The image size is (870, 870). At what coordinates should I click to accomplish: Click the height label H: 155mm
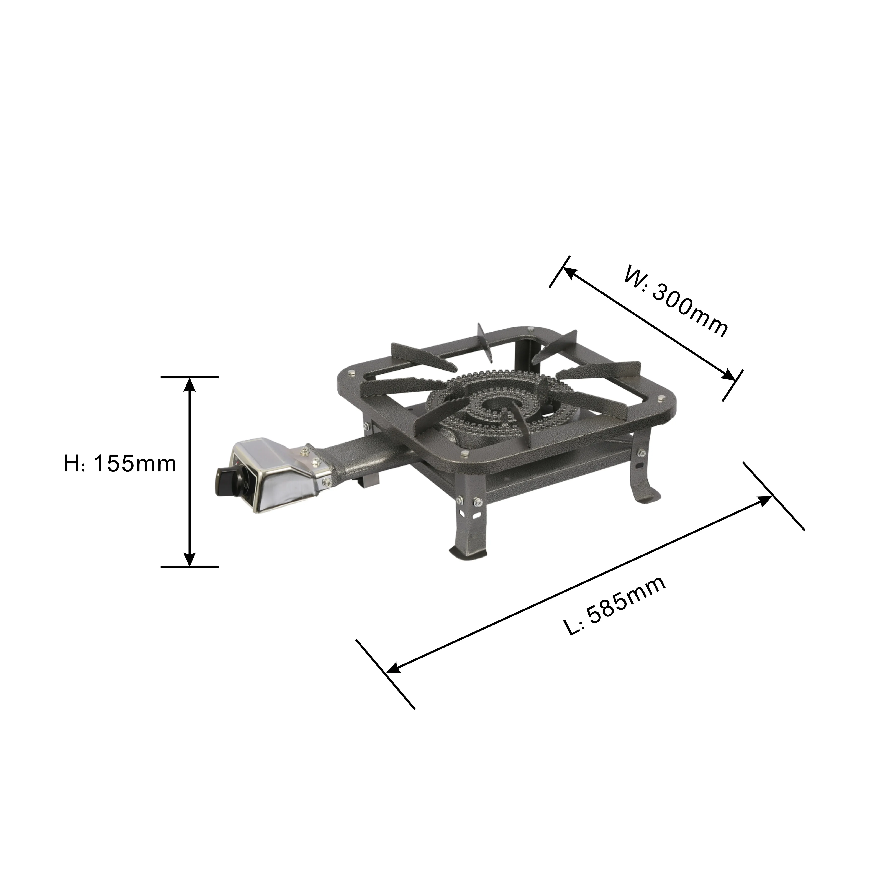120,464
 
